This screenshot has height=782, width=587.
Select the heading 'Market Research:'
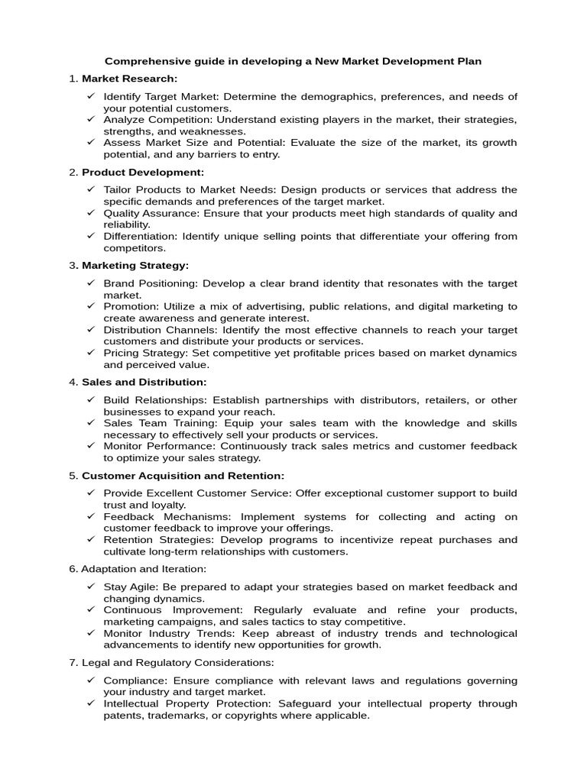[129, 79]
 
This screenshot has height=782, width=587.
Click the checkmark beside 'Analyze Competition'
[90, 120]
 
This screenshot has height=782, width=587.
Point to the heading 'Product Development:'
[143, 172]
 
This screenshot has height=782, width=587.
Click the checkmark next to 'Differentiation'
[90, 236]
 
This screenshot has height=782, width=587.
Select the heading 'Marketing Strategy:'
[135, 265]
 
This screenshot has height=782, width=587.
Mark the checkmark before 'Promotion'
[90, 306]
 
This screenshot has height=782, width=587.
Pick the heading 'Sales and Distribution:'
[144, 382]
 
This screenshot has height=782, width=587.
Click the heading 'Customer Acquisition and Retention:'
[183, 476]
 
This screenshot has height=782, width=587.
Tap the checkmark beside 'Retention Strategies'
[90, 540]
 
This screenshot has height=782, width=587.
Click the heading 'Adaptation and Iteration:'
[144, 569]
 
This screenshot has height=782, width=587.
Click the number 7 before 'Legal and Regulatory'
[72, 662]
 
